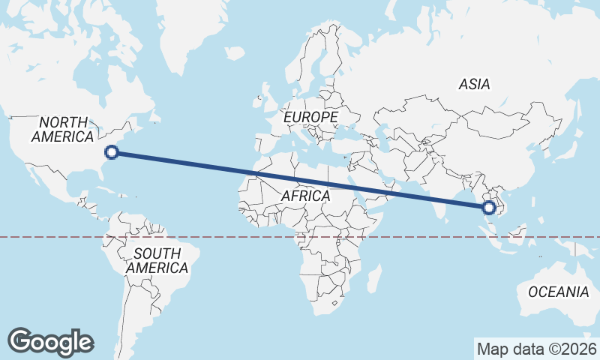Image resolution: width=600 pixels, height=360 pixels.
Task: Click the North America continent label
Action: pyautogui.click(x=63, y=129)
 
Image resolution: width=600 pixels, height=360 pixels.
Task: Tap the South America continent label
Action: pyautogui.click(x=157, y=260)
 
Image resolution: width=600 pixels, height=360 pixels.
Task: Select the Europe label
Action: pyautogui.click(x=310, y=118)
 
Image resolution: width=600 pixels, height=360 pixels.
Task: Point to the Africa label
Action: pyautogui.click(x=305, y=196)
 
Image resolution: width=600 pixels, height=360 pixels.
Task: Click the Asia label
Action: pyautogui.click(x=475, y=85)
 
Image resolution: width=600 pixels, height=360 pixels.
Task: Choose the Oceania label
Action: pyautogui.click(x=559, y=292)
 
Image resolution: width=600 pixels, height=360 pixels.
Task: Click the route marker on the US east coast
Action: pyautogui.click(x=112, y=152)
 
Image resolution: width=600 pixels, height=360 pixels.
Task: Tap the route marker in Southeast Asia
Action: pyautogui.click(x=489, y=208)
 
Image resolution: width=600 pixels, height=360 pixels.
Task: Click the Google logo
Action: pyautogui.click(x=50, y=342)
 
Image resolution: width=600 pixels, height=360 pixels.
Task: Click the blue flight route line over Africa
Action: pyautogui.click(x=300, y=180)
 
